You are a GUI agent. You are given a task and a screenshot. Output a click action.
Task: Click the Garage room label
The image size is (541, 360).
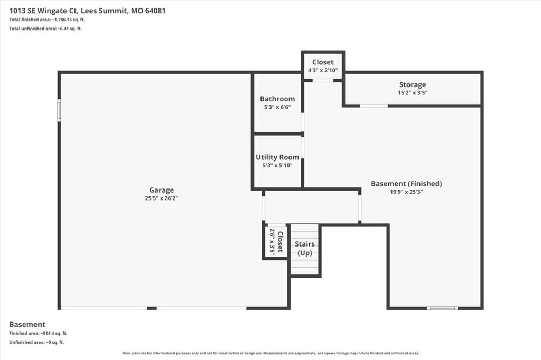162,190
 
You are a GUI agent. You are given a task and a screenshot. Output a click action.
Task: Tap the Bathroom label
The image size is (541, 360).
277,99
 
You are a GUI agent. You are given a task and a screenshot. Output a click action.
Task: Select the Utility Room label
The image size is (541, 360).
277,157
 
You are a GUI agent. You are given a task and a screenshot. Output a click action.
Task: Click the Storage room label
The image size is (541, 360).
413,84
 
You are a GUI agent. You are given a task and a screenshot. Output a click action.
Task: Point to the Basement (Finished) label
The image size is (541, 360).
406,184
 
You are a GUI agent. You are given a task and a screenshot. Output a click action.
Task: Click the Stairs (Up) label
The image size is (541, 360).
305,248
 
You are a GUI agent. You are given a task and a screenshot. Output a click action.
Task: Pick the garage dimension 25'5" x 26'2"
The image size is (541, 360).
162,198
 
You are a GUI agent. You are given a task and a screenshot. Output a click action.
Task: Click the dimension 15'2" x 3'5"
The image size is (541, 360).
413,93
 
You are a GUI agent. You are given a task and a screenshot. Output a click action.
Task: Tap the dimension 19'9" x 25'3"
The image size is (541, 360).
406,192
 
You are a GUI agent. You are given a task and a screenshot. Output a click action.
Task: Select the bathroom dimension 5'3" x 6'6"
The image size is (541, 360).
277,107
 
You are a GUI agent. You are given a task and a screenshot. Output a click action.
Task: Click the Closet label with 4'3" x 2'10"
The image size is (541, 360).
323,62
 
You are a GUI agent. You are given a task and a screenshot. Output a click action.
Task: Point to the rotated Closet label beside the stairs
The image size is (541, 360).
280,242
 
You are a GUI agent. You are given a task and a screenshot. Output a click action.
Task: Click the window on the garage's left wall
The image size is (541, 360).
59,110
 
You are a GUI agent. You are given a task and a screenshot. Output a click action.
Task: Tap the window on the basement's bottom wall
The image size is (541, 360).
442,308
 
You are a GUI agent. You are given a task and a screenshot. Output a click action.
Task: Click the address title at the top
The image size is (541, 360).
87,11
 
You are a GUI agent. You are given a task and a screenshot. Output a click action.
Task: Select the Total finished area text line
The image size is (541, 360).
47,20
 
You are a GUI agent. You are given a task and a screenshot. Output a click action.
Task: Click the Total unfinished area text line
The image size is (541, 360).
45,29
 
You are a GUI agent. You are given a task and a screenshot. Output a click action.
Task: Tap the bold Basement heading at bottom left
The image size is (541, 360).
27,325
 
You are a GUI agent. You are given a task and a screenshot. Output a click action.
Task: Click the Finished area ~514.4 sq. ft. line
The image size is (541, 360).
38,334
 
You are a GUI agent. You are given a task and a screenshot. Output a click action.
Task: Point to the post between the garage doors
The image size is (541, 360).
152,308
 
